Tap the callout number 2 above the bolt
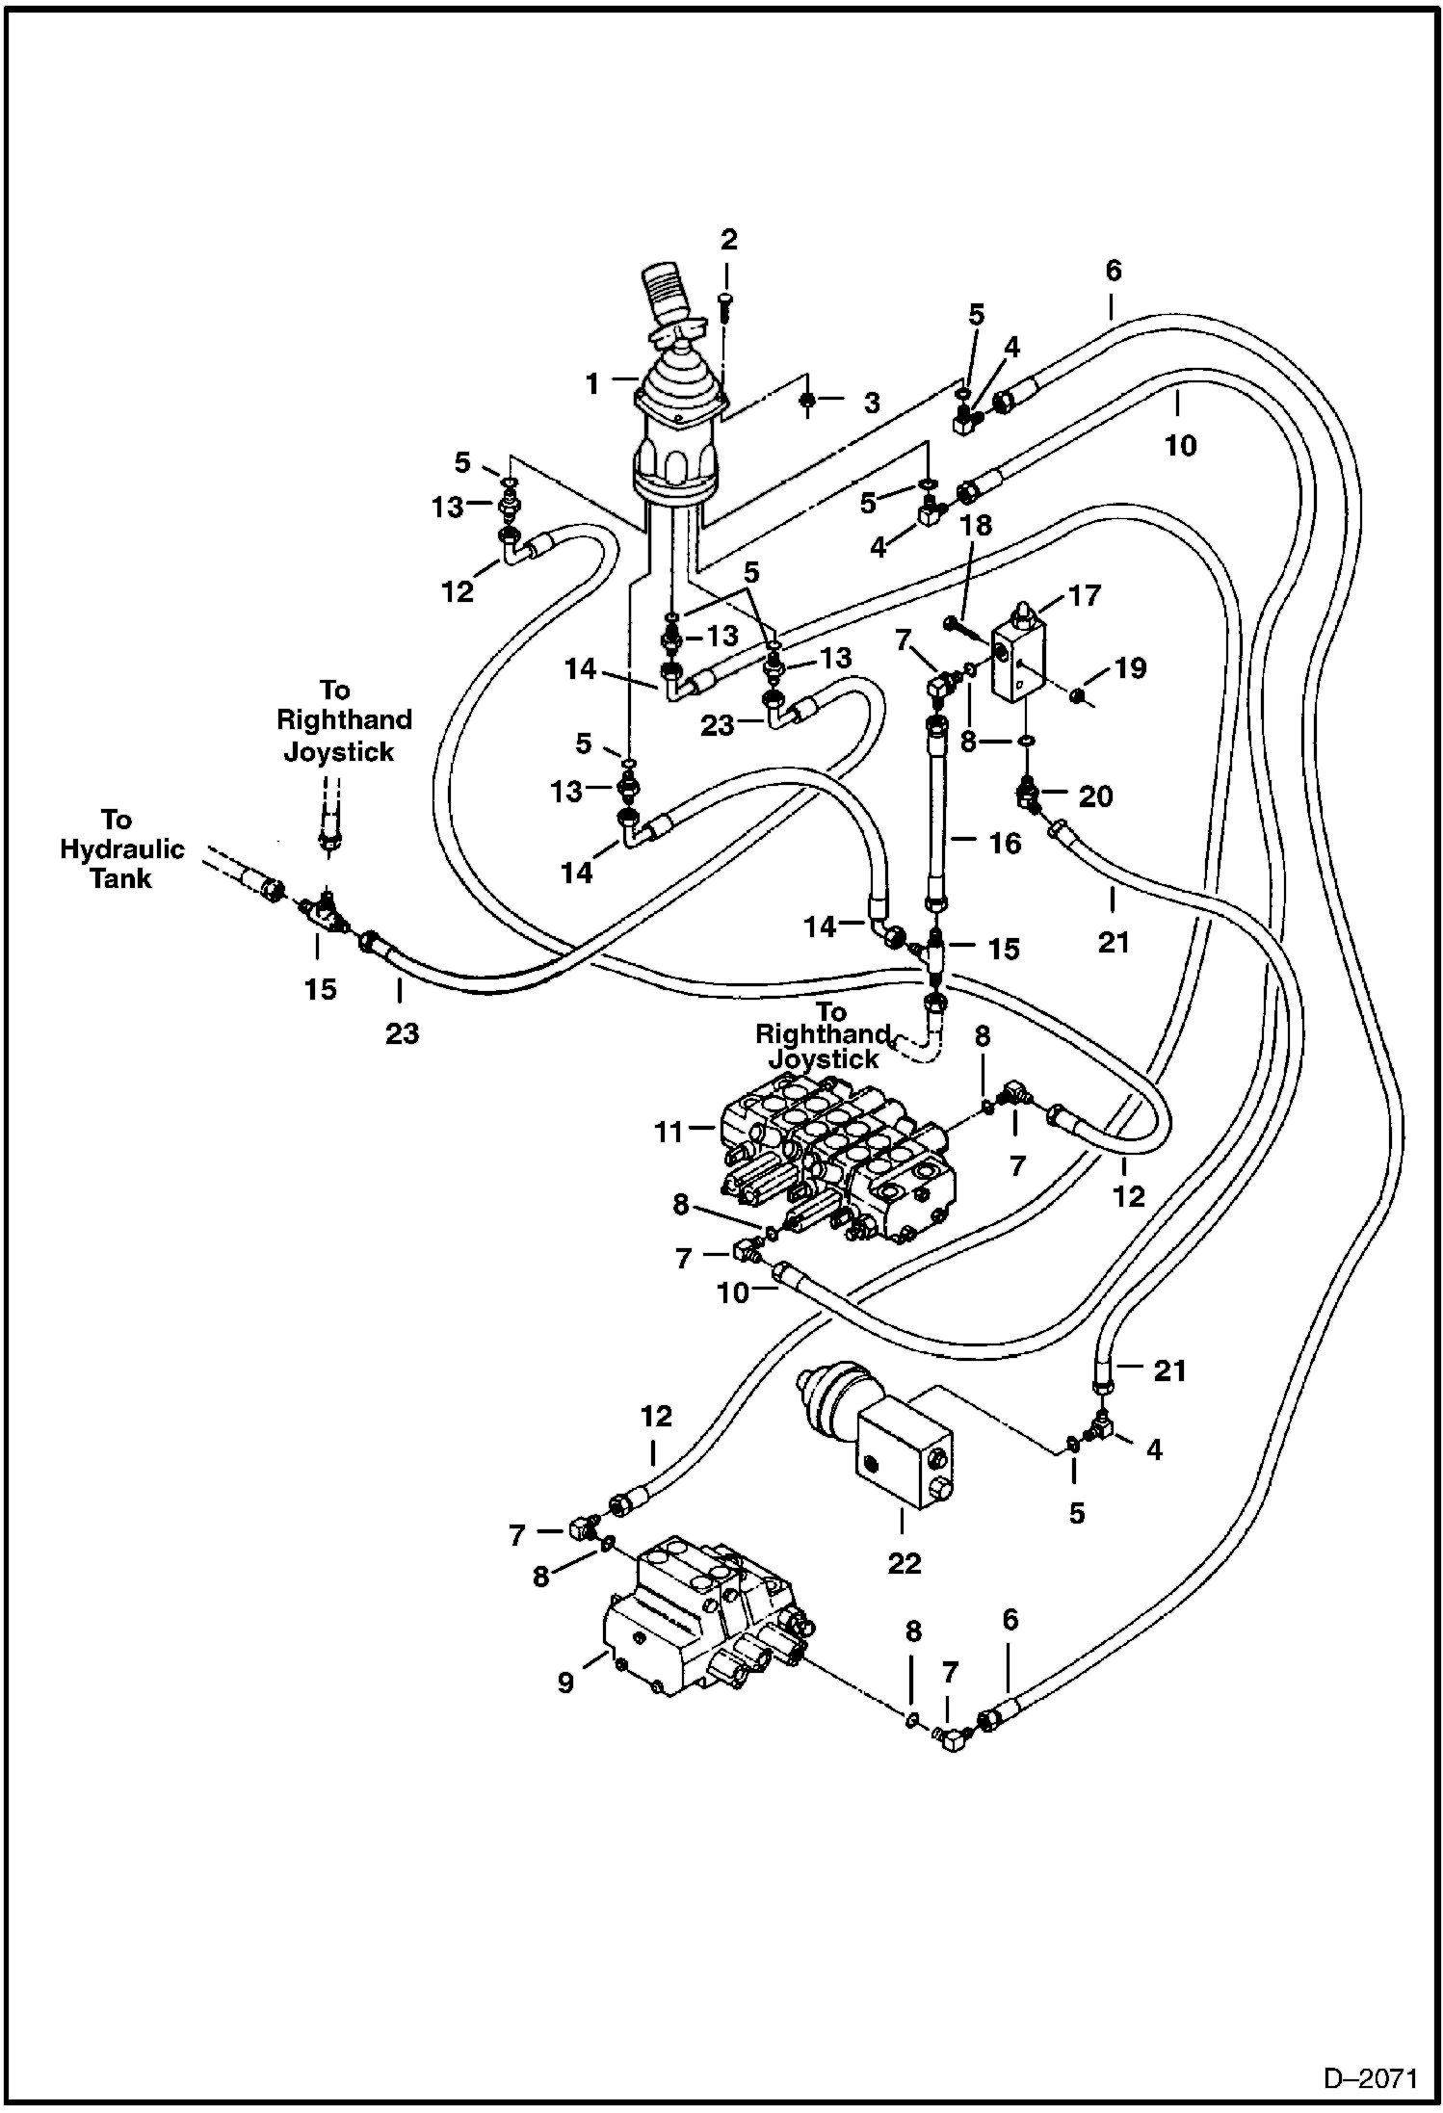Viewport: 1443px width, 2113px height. click(728, 240)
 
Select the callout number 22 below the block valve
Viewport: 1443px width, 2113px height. click(904, 1563)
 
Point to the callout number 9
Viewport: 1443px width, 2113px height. click(565, 1682)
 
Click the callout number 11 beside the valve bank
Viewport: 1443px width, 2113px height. click(669, 1133)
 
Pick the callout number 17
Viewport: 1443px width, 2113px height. click(1084, 596)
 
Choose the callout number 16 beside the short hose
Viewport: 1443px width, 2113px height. click(1004, 844)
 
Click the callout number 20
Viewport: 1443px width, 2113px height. click(1095, 796)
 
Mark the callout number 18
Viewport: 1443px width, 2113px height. click(976, 526)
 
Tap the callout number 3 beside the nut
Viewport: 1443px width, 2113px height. click(871, 403)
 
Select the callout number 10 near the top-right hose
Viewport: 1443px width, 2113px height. click(1180, 445)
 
